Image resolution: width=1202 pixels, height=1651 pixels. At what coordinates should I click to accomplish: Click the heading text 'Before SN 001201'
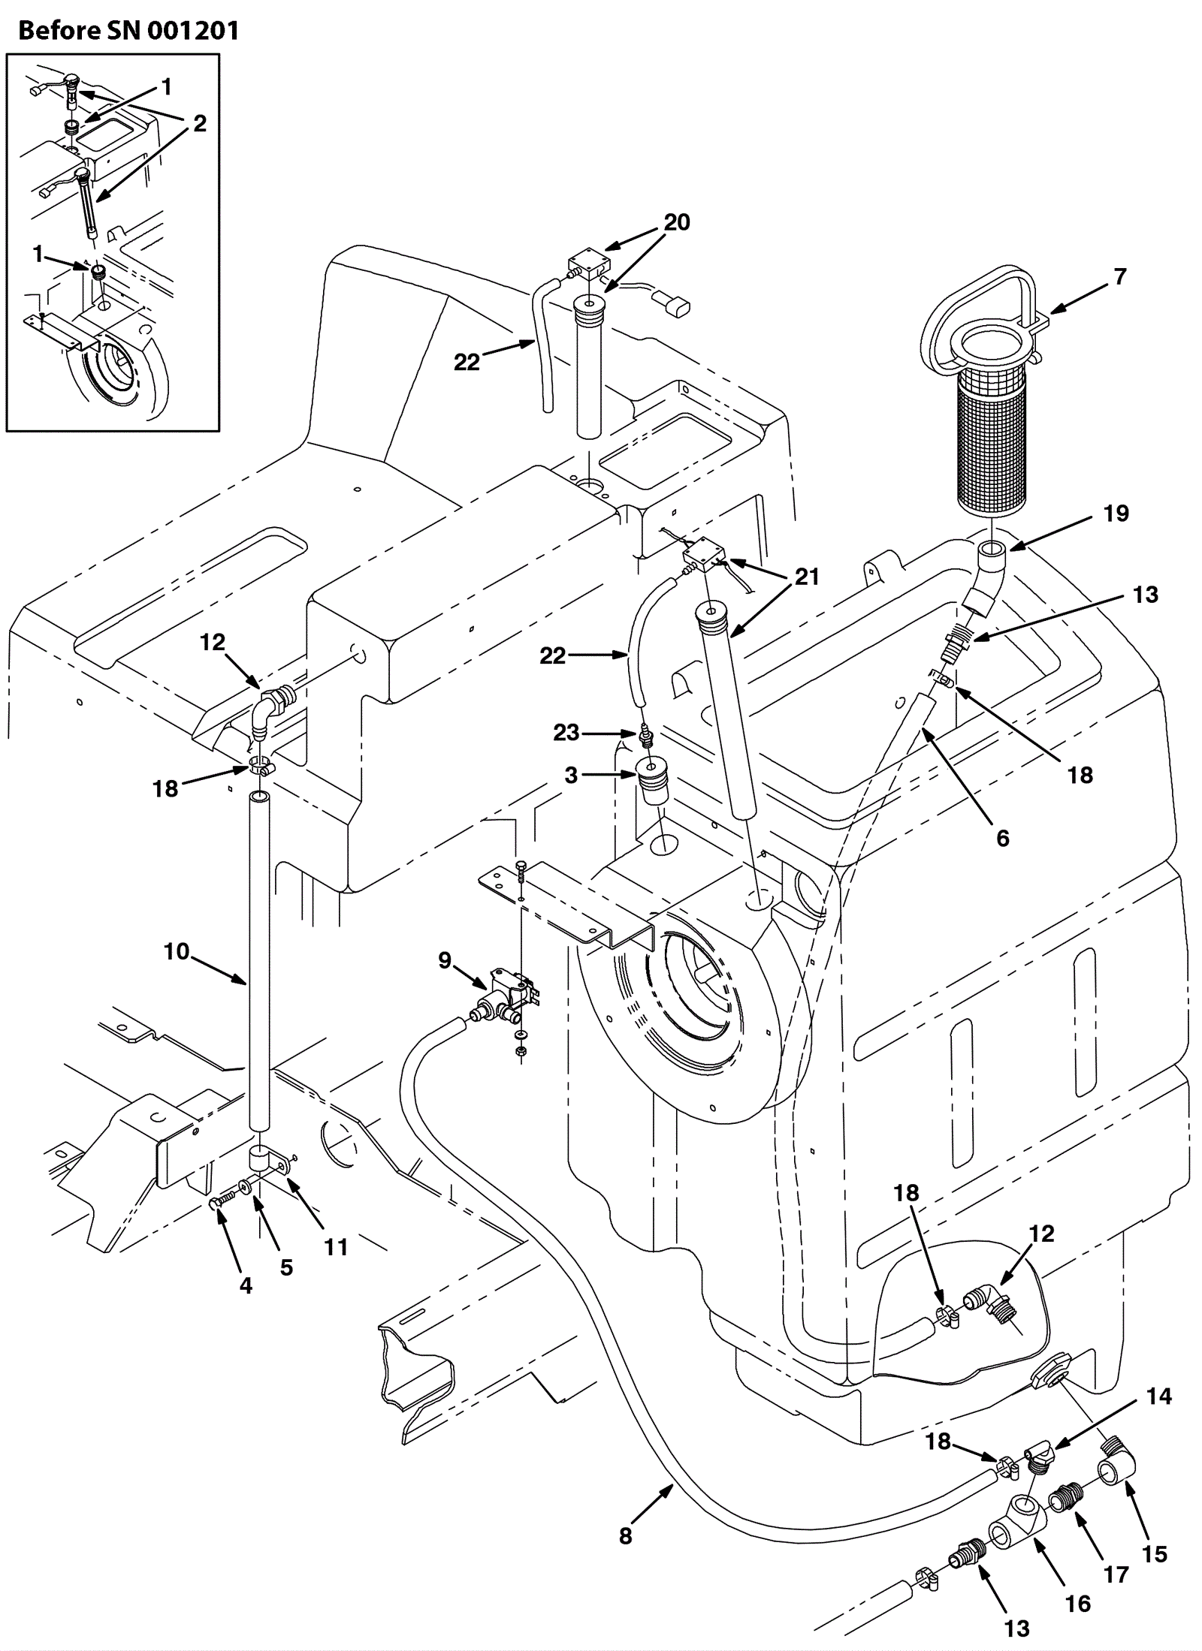(128, 31)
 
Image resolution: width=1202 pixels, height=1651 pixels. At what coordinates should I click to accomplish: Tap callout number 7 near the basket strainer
(1119, 277)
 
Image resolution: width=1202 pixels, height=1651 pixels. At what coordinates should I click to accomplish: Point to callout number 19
(1116, 514)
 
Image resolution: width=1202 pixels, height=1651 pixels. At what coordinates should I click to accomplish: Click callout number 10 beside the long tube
(177, 951)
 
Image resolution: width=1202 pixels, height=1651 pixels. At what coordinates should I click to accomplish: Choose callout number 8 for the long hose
(626, 1535)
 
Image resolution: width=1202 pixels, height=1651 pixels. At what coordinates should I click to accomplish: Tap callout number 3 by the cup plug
(571, 774)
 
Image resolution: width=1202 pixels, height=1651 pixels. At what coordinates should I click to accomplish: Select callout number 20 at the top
(676, 222)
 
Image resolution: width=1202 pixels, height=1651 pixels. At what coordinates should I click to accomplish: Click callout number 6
(1002, 838)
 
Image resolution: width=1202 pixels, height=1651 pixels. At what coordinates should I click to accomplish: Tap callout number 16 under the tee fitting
(1077, 1604)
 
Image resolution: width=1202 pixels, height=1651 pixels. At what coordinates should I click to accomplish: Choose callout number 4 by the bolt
(246, 1285)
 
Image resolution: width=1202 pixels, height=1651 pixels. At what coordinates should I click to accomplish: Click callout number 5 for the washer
(286, 1267)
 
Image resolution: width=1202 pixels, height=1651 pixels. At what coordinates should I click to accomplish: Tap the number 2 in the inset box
(199, 123)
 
